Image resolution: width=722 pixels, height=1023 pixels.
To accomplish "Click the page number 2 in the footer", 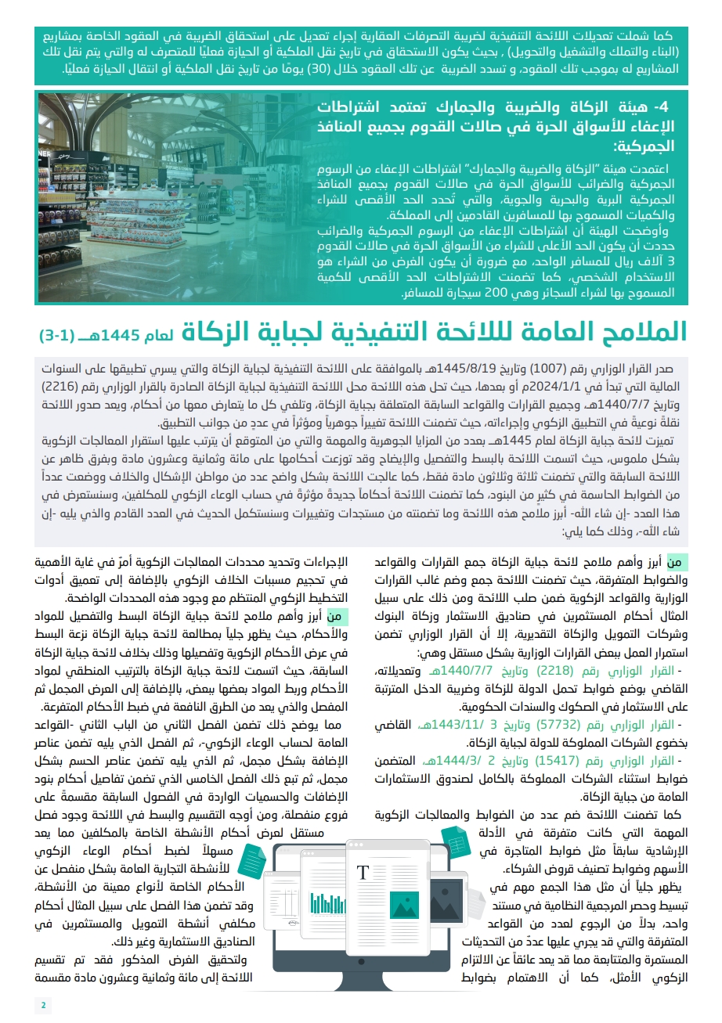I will pos(44,1005).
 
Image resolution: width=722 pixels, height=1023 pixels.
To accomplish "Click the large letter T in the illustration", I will pos(363,872).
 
